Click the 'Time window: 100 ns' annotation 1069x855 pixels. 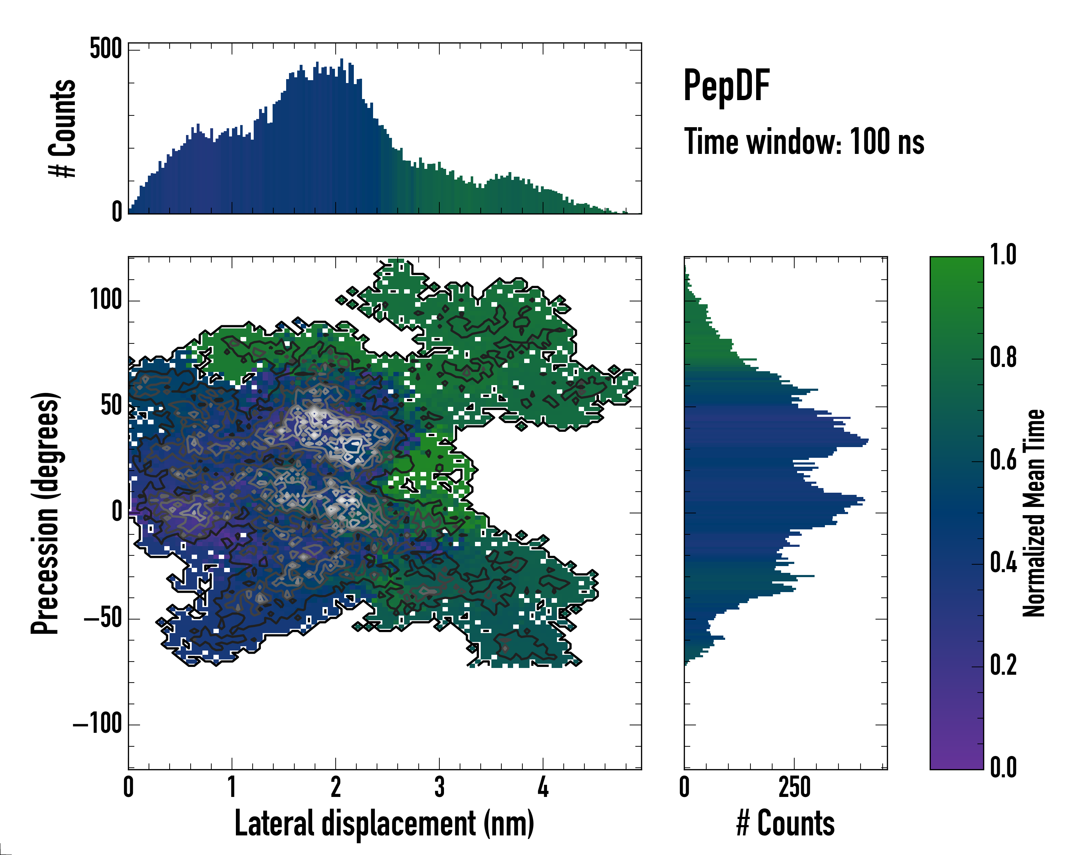tap(804, 142)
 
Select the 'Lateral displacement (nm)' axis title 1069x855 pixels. tap(384, 823)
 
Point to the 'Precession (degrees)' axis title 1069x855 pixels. tap(46, 513)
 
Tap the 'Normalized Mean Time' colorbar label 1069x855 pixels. tap(1034, 513)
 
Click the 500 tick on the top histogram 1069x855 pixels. tap(105, 49)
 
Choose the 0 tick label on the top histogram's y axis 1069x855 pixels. tap(117, 212)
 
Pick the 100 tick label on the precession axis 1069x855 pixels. tap(105, 300)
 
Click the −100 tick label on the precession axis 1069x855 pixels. tap(98, 724)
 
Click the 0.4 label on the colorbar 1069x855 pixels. tap(1003, 563)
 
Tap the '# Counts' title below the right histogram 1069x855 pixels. tap(785, 823)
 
